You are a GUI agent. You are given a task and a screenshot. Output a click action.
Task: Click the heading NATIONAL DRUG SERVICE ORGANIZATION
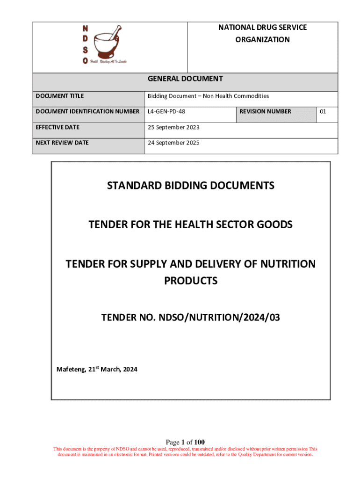[262, 34]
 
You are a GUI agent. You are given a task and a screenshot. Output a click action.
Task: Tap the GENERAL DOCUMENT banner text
[185, 79]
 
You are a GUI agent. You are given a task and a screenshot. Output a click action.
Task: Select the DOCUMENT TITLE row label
[60, 96]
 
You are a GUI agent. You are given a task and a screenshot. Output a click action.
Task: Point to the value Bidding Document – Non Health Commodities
[208, 96]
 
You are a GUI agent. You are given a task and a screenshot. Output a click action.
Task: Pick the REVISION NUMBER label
[265, 111]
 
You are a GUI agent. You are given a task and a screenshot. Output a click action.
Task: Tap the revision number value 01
[323, 111]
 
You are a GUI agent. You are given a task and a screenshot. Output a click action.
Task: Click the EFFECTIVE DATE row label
[58, 127]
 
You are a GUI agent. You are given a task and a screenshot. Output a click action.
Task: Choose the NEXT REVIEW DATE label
[62, 143]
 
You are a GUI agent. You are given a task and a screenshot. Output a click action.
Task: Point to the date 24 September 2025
[173, 143]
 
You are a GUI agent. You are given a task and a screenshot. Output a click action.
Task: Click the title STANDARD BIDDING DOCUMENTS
[191, 186]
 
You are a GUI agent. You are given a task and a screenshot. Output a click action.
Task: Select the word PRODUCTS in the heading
[191, 281]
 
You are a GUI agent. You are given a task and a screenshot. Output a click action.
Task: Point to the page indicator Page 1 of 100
[185, 442]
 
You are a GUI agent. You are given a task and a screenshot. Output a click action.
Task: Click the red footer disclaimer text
[185, 451]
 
